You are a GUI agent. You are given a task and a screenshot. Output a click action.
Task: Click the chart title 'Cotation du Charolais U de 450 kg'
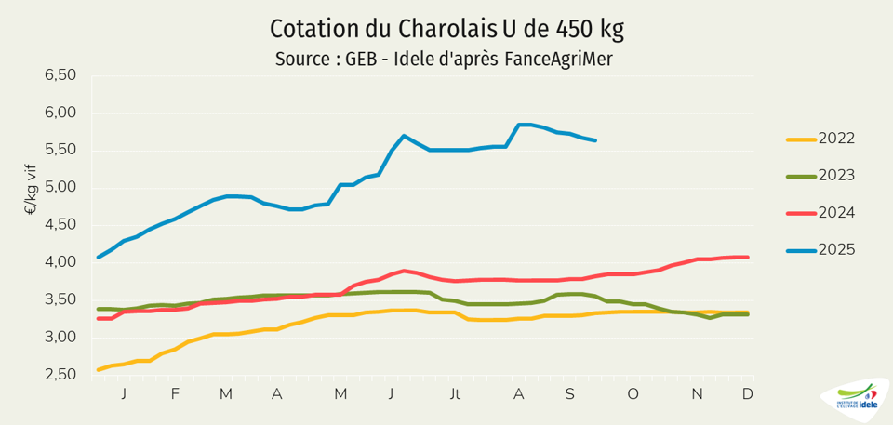pyautogui.click(x=446, y=28)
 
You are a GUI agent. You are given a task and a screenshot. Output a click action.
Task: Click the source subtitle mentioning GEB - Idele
pyautogui.click(x=445, y=60)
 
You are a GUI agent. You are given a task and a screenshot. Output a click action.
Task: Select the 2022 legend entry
pyautogui.click(x=836, y=139)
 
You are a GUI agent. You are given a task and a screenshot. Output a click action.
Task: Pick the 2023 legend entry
pyautogui.click(x=836, y=176)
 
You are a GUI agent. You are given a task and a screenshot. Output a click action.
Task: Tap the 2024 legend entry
pyautogui.click(x=836, y=213)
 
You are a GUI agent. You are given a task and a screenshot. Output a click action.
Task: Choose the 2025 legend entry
pyautogui.click(x=836, y=249)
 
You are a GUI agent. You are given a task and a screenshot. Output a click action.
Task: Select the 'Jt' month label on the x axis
pyautogui.click(x=455, y=394)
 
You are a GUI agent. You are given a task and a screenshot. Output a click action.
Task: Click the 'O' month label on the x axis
pyautogui.click(x=633, y=394)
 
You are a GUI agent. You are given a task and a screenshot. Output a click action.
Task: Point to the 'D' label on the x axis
pyautogui.click(x=747, y=394)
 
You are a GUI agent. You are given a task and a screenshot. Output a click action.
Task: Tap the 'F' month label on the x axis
pyautogui.click(x=175, y=394)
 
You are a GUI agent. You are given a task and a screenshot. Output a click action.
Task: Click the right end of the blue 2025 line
pyautogui.click(x=595, y=140)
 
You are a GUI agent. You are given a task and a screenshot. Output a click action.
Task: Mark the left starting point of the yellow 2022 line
pyautogui.click(x=99, y=369)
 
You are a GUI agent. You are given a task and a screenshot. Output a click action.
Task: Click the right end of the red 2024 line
pyautogui.click(x=748, y=258)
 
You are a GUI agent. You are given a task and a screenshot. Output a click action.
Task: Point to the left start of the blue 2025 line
pyautogui.click(x=99, y=257)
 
